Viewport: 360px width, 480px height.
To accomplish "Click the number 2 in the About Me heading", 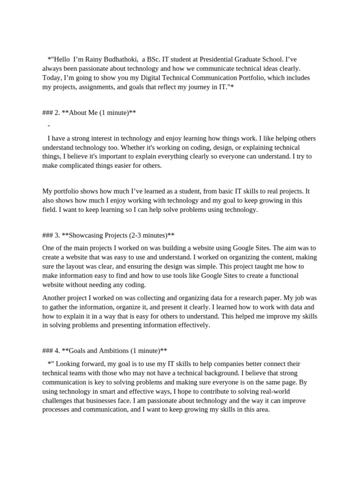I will click(57, 113).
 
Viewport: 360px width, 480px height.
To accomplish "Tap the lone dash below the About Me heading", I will click(49, 126).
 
